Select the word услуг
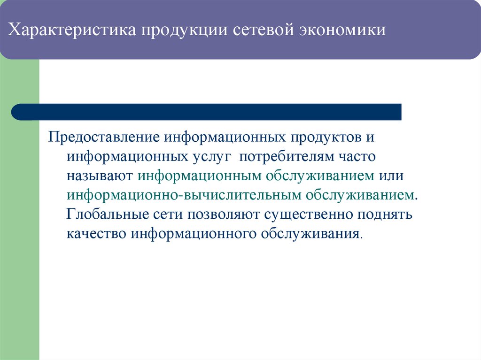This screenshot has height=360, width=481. [x=211, y=157]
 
